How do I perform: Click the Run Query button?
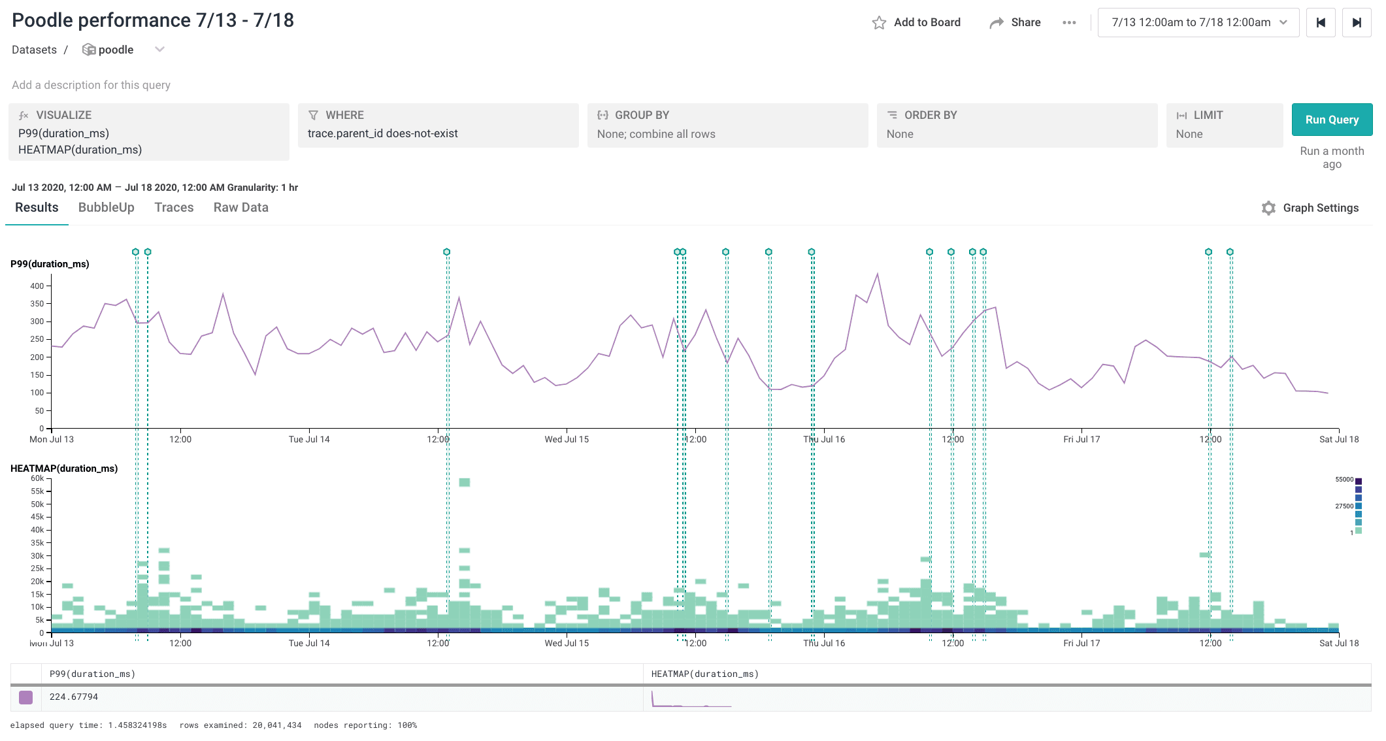point(1331,120)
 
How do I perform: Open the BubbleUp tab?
point(106,207)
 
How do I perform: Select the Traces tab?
point(174,207)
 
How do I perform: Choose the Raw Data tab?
point(240,207)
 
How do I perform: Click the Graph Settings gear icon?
point(1268,208)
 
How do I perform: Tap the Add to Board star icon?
point(879,23)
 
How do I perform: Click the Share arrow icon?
point(997,23)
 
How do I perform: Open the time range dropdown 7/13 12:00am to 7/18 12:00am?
point(1198,22)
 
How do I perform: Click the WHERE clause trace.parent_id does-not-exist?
point(382,133)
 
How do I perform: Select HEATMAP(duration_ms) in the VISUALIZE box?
point(80,150)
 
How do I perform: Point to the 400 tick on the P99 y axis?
point(37,286)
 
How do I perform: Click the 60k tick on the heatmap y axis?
point(37,478)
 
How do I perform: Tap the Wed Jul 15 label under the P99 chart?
point(567,439)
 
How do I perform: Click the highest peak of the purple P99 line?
point(878,274)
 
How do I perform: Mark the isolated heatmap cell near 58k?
point(465,482)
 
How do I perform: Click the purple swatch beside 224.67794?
point(25,697)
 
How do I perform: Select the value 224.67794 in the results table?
point(74,697)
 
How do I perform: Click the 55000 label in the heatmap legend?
point(1344,480)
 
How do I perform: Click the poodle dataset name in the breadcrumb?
point(116,50)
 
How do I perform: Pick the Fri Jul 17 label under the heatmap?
point(1081,643)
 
